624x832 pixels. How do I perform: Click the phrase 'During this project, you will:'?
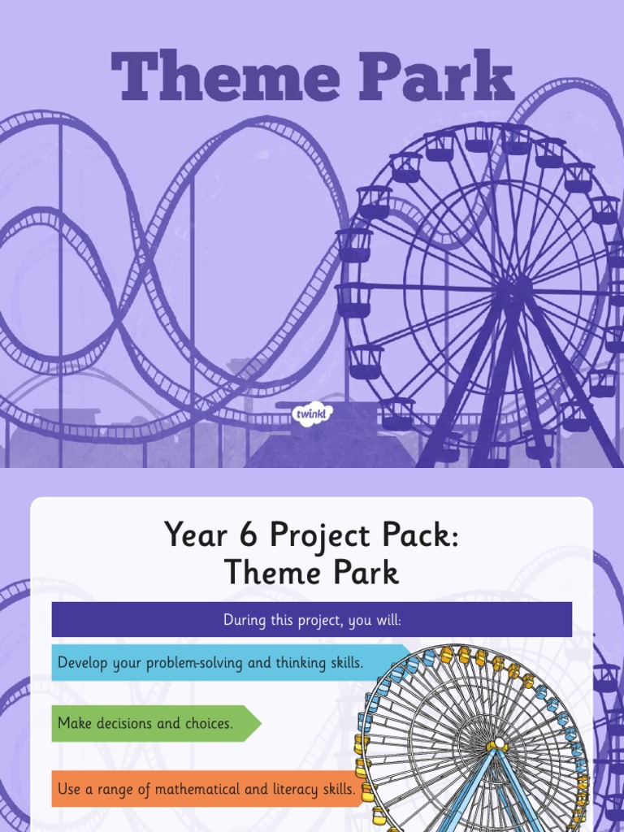tap(312, 621)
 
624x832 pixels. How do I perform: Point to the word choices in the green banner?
tap(206, 723)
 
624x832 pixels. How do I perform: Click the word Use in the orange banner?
tap(69, 789)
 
